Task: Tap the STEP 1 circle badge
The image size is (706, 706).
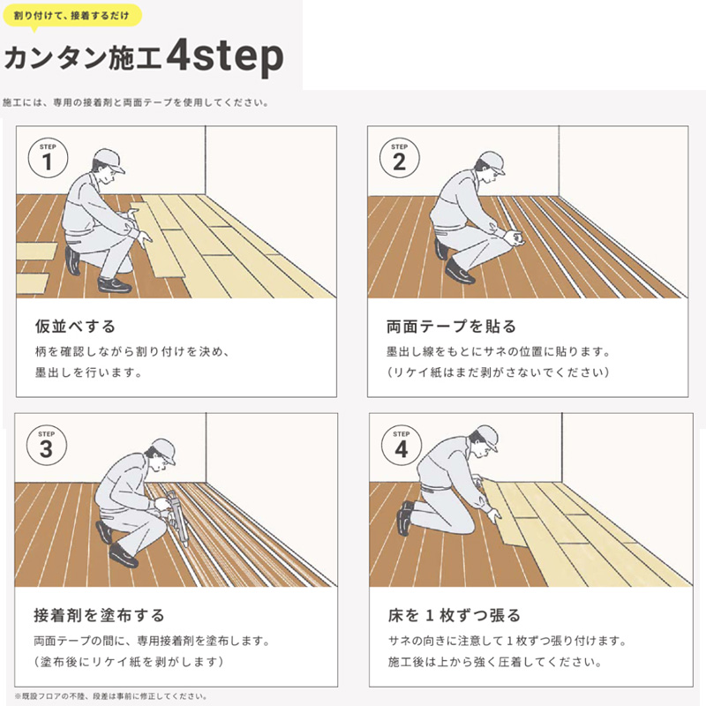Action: [x=48, y=159]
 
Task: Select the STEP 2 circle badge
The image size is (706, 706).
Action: [x=399, y=159]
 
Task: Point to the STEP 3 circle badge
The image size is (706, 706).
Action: [x=48, y=446]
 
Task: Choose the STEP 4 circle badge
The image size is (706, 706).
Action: [x=402, y=447]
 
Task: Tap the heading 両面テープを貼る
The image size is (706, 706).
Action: [x=451, y=327]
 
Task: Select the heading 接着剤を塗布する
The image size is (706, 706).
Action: [x=99, y=615]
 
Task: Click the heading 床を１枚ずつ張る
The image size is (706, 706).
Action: [x=454, y=615]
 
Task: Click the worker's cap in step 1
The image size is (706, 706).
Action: [x=108, y=160]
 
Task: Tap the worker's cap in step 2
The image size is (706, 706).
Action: [x=490, y=161]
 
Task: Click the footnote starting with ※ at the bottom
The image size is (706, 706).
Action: [x=110, y=696]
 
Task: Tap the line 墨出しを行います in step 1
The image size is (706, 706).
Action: [x=88, y=372]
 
